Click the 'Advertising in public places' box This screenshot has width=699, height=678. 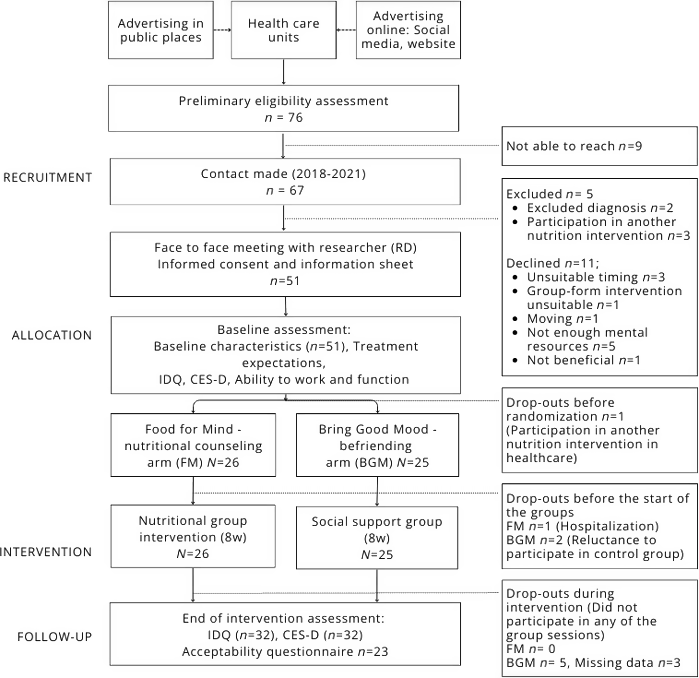pyautogui.click(x=161, y=30)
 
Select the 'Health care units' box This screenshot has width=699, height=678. pyautogui.click(x=283, y=30)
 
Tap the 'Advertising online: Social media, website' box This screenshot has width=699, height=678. pyautogui.click(x=408, y=30)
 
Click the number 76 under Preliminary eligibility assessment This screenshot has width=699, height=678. pyautogui.click(x=295, y=117)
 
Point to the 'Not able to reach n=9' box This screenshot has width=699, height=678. pyautogui.click(x=600, y=146)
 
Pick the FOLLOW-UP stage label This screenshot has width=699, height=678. pyautogui.click(x=55, y=637)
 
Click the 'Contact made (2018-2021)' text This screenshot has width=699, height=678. pyautogui.click(x=283, y=174)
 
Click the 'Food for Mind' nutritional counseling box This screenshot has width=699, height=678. pyautogui.click(x=193, y=445)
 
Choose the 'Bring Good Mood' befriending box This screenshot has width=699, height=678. pyautogui.click(x=377, y=445)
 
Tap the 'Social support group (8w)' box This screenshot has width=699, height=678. pyautogui.click(x=377, y=538)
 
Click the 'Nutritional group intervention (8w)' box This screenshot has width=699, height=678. pyautogui.click(x=193, y=536)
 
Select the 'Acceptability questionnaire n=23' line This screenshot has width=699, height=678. pyautogui.click(x=285, y=652)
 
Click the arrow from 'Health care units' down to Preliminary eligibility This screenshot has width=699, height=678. pyautogui.click(x=283, y=72)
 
